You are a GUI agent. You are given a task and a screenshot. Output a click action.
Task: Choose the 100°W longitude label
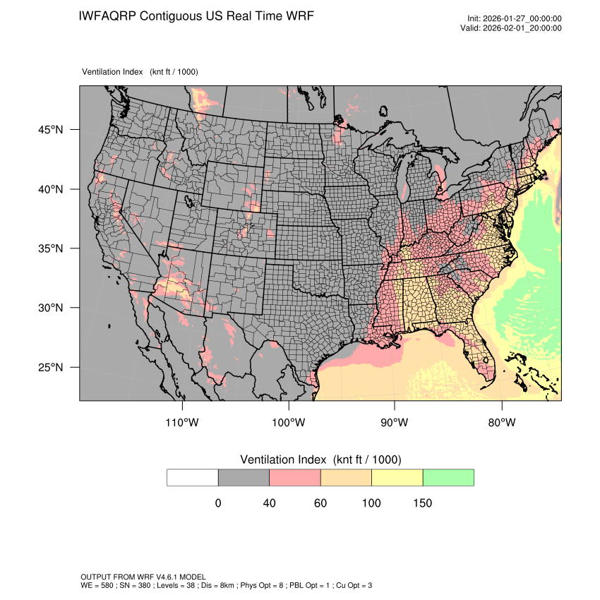289,423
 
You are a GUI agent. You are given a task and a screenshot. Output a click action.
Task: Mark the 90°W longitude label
395,423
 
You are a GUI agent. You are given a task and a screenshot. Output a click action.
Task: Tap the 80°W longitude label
501,423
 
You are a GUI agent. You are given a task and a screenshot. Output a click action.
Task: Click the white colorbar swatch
193,477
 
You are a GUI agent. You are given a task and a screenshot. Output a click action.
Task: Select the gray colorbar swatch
244,477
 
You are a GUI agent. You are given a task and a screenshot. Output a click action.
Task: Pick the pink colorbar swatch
295,477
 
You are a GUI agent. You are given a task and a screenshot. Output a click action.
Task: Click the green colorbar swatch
448,477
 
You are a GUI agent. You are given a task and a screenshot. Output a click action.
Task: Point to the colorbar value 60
320,503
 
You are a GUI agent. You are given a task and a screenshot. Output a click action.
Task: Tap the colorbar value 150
422,503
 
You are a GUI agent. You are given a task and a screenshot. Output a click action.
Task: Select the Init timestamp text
515,18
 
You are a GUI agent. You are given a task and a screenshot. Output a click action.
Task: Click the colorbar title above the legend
320,460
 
